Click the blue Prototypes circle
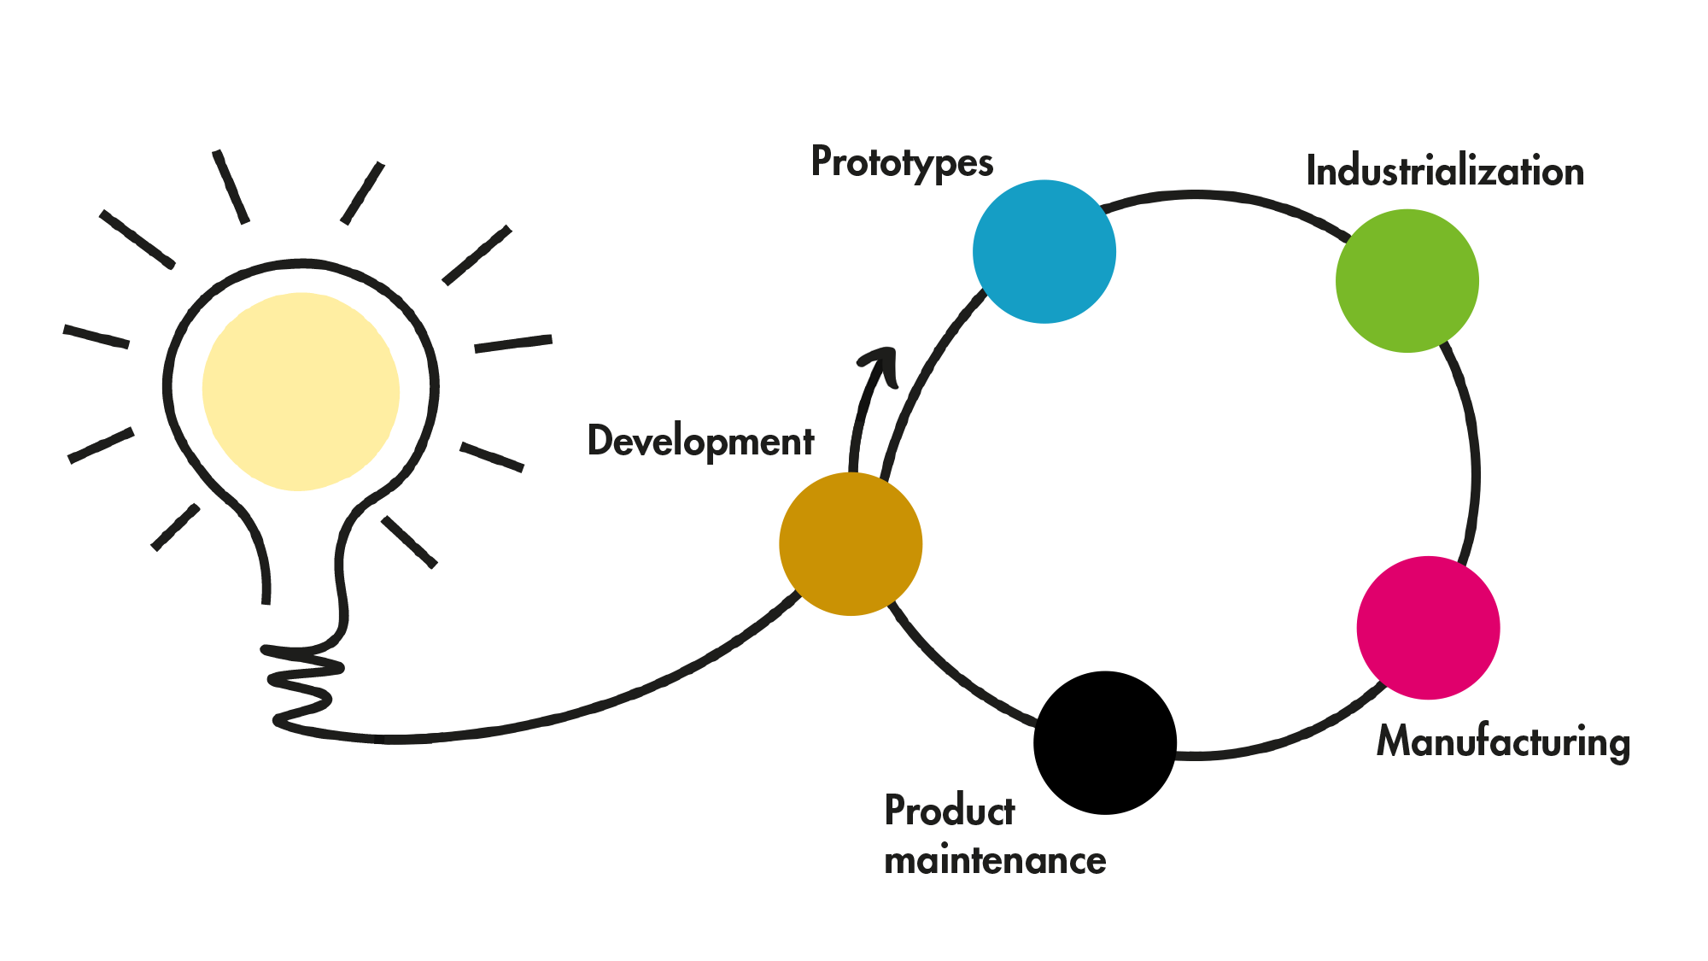click(x=1044, y=251)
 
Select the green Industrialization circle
click(x=1407, y=280)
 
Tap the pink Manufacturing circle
click(x=1428, y=628)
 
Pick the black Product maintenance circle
click(x=1105, y=742)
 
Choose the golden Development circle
click(x=851, y=544)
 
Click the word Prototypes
click(x=902, y=161)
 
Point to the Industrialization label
click(x=1445, y=171)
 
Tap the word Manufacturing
click(x=1503, y=741)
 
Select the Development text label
click(x=700, y=442)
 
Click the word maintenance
click(x=995, y=860)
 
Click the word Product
click(x=949, y=811)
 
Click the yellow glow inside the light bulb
click(x=301, y=391)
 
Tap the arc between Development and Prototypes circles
click(x=922, y=376)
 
